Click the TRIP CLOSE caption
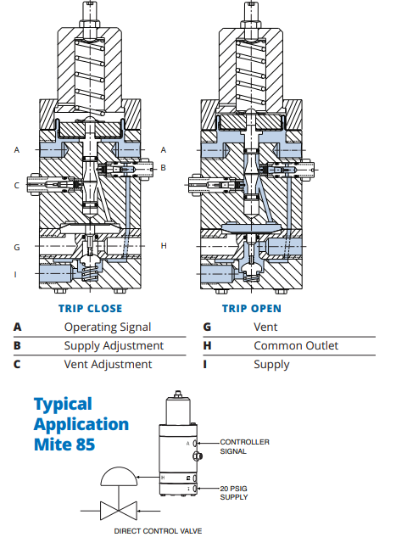(x=91, y=309)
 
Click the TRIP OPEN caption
(x=252, y=309)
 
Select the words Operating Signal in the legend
(x=108, y=327)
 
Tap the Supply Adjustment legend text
(x=114, y=346)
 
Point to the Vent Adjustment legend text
(x=109, y=365)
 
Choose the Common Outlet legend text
(x=296, y=345)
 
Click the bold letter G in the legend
(x=207, y=327)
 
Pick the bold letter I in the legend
(x=205, y=364)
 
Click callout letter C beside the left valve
(x=16, y=186)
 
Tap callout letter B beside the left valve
(x=164, y=168)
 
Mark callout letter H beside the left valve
(x=164, y=246)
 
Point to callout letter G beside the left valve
(x=17, y=247)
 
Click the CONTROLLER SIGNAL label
(x=245, y=446)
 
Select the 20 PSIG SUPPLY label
(x=234, y=493)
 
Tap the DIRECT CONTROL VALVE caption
(x=158, y=531)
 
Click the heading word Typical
(x=63, y=405)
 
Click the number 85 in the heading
(x=86, y=445)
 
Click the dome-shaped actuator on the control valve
(x=119, y=477)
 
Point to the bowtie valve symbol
(x=119, y=511)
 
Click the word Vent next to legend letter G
(x=265, y=327)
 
